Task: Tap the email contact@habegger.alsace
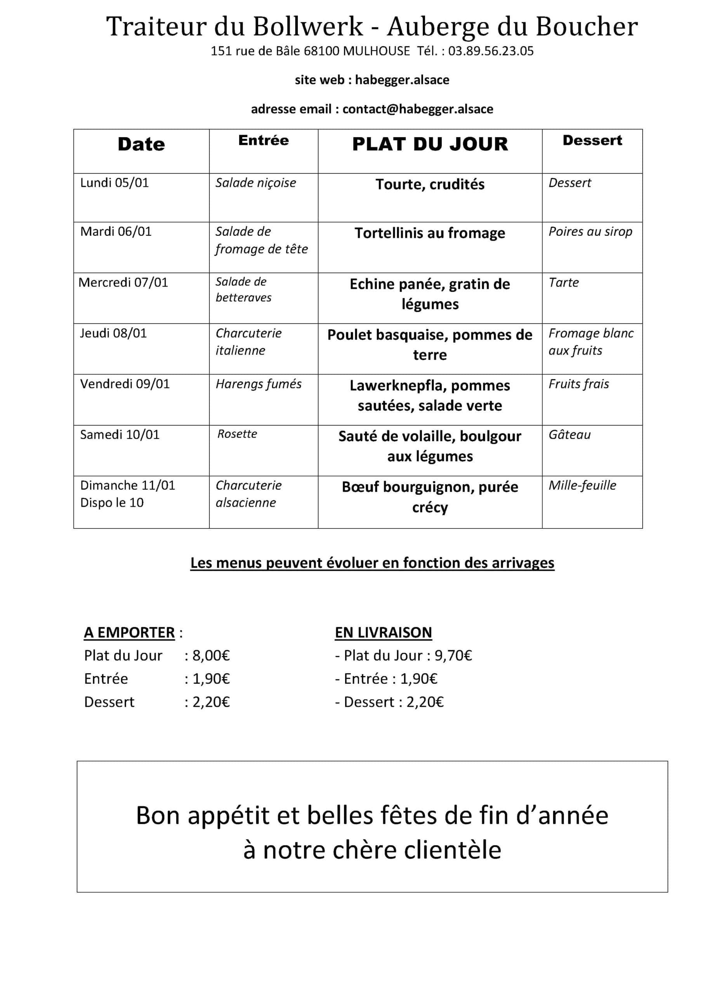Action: click(417, 109)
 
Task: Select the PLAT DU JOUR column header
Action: click(430, 144)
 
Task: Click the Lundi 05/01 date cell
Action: click(114, 183)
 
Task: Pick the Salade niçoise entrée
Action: click(256, 183)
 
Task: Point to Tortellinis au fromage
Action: click(430, 233)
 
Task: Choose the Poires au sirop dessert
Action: click(590, 232)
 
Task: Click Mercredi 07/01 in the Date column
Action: click(123, 282)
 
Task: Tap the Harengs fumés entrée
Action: click(259, 384)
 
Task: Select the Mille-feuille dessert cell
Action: click(582, 485)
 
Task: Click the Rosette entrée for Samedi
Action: click(237, 434)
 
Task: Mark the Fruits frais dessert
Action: click(579, 384)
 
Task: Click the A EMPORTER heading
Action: click(129, 633)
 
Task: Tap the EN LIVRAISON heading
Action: click(383, 633)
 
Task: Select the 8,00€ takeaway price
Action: click(211, 655)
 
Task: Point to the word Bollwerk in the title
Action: click(308, 26)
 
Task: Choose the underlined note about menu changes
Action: click(372, 563)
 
